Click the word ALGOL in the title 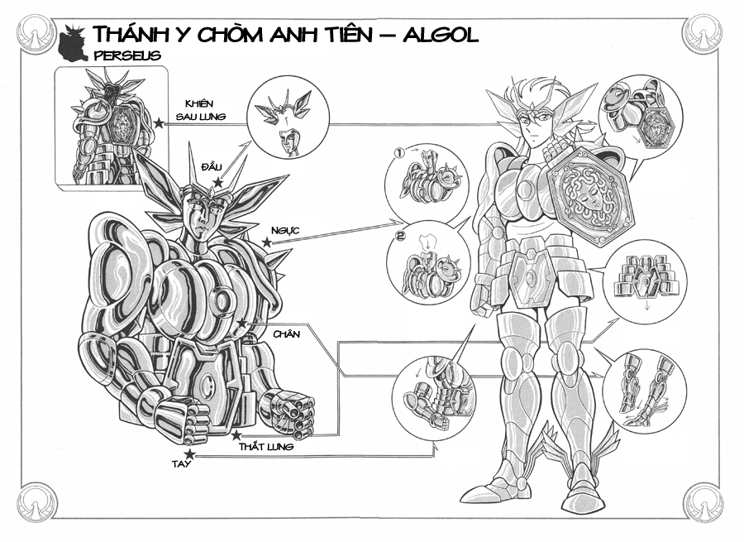441,34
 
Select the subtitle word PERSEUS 127,55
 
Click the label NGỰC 285,230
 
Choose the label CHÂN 286,334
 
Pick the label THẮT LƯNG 265,447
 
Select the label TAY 181,464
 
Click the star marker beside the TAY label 190,454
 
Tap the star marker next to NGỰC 267,242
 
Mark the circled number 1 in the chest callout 399,153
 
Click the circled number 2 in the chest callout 401,235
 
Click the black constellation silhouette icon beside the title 72,44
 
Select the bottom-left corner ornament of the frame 37,501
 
